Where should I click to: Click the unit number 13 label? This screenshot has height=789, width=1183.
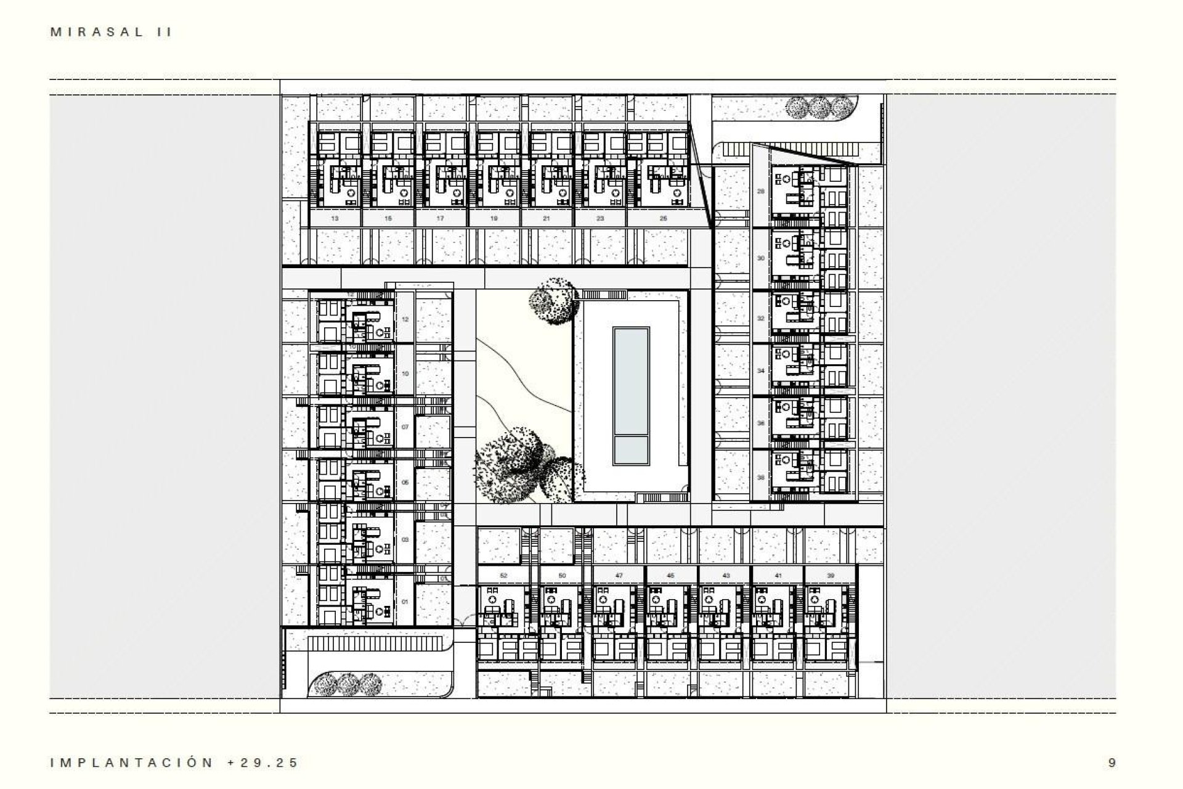(335, 218)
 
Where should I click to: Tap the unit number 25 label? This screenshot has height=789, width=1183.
(662, 218)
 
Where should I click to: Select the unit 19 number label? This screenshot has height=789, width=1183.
(494, 218)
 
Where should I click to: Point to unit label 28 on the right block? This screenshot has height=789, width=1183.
(760, 191)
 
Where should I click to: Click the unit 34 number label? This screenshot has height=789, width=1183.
(760, 370)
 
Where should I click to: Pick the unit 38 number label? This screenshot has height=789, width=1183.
(760, 477)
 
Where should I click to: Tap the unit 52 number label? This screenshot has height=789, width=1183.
(503, 575)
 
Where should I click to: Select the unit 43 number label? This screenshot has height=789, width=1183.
(726, 575)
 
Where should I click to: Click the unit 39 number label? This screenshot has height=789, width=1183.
(831, 575)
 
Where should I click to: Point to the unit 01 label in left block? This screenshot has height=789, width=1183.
(405, 602)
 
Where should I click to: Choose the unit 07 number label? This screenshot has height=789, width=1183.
(405, 427)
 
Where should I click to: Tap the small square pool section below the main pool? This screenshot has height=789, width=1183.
(631, 450)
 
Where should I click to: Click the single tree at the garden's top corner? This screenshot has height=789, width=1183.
(553, 300)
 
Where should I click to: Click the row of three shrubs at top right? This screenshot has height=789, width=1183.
(818, 108)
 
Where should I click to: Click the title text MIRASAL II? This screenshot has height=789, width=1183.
(111, 33)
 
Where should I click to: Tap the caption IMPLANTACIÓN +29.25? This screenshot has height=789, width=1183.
(174, 762)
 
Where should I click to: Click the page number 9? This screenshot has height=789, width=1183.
(1112, 763)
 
